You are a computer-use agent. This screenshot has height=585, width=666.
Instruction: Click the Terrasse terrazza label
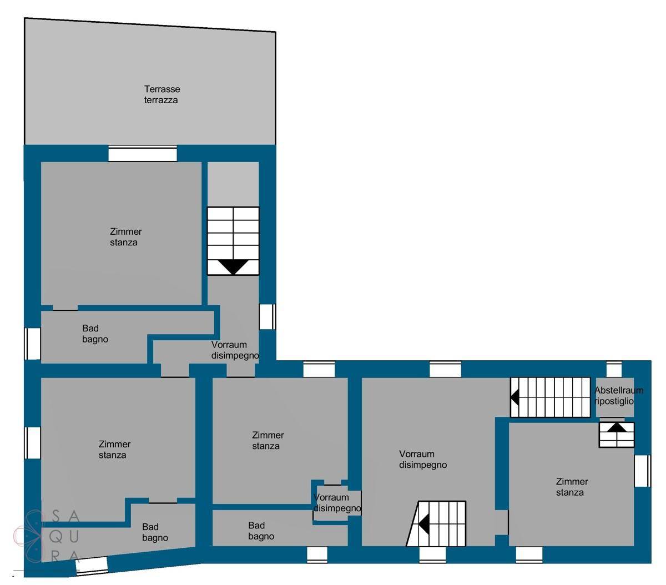(162, 94)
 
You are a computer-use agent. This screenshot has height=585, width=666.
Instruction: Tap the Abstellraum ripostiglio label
(618, 396)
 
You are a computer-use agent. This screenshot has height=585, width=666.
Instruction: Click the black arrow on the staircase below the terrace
(233, 266)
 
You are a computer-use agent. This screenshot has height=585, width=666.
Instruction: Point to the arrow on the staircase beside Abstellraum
(514, 397)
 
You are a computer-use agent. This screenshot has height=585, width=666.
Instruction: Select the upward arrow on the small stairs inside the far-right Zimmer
(617, 427)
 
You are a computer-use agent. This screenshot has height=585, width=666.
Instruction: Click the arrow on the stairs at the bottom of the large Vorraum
(423, 524)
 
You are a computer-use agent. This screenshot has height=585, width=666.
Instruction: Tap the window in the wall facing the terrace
(143, 154)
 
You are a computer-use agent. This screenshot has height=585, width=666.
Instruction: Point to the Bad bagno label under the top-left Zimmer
(95, 334)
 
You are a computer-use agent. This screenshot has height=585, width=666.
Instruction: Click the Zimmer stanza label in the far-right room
(572, 487)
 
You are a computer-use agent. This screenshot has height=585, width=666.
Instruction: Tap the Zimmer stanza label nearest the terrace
(125, 237)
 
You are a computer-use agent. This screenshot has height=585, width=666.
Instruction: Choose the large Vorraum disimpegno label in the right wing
(423, 459)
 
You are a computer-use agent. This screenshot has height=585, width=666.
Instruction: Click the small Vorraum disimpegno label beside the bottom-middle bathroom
(337, 502)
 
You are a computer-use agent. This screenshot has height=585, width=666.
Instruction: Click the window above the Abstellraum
(614, 369)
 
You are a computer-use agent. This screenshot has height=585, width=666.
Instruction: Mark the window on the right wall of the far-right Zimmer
(642, 471)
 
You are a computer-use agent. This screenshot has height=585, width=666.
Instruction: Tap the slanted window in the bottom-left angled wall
(92, 566)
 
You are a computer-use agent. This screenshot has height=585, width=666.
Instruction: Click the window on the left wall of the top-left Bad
(33, 344)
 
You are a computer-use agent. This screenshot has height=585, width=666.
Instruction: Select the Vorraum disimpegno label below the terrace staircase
(235, 350)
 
